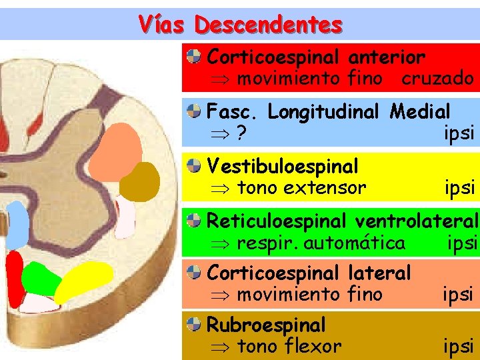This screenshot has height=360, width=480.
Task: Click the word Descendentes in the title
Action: click(269, 25)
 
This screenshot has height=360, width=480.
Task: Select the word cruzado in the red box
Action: click(437, 79)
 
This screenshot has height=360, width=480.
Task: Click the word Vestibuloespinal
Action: click(283, 165)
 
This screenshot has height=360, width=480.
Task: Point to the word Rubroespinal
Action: click(266, 325)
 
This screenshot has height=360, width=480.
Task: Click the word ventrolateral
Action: click(417, 220)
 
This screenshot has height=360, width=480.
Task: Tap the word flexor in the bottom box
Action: click(313, 347)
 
